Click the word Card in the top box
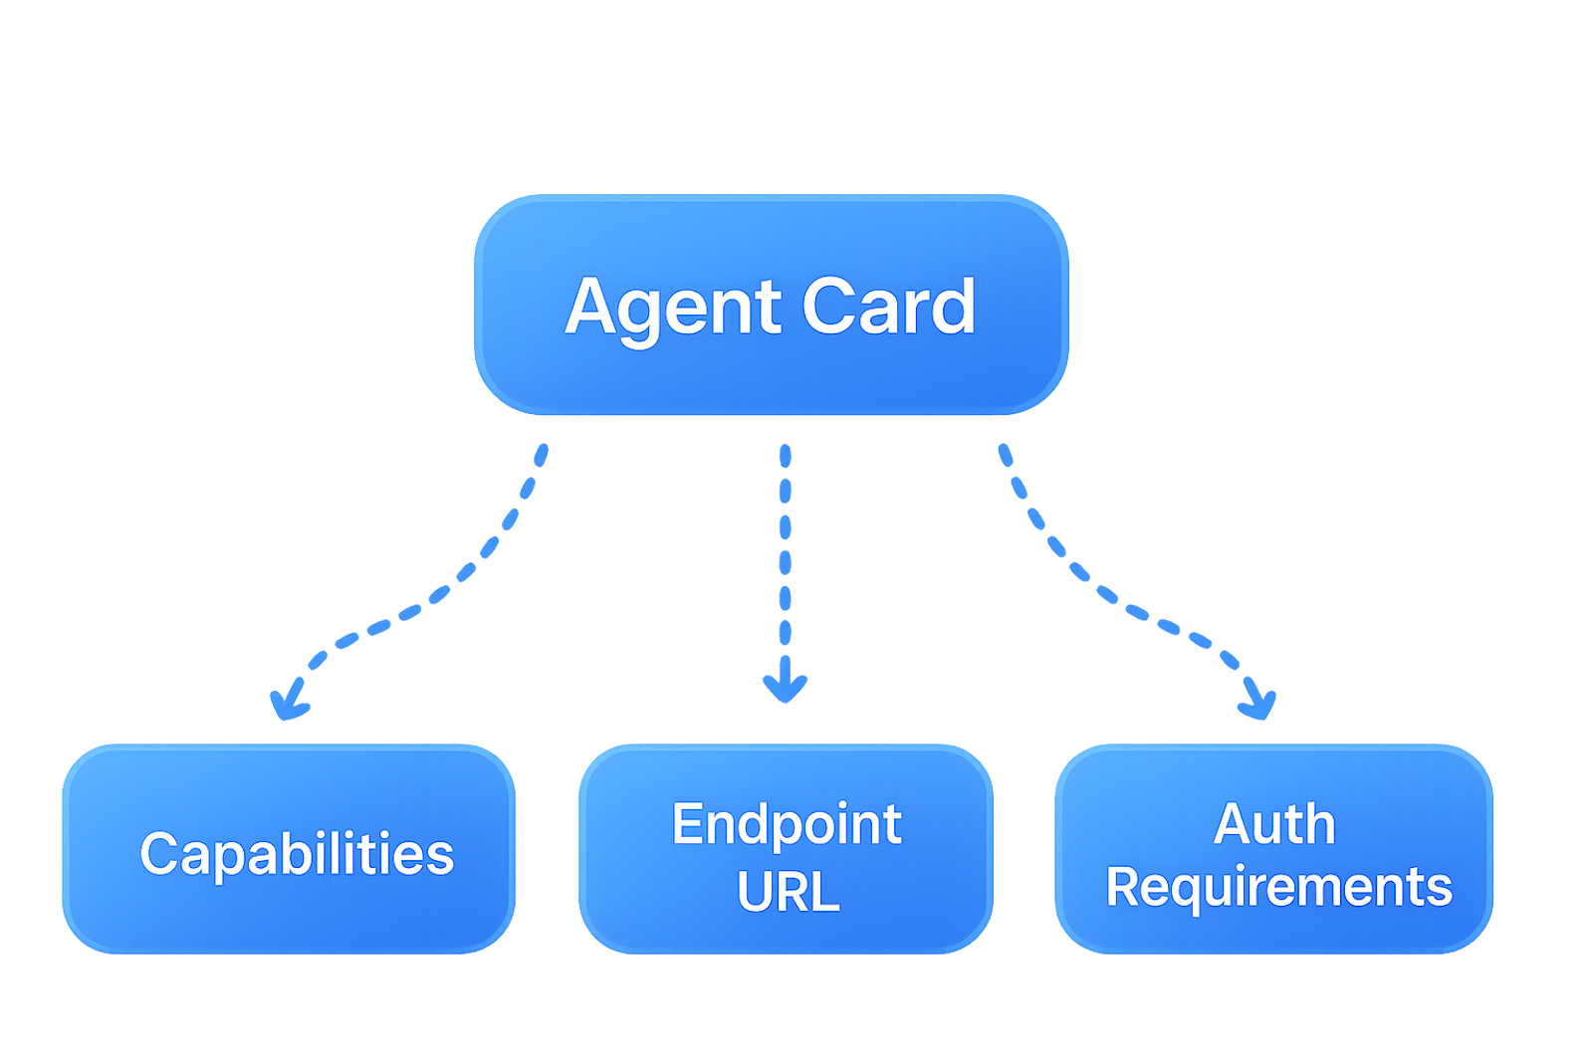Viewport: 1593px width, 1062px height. coord(888,307)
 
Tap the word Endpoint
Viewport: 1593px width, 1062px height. coord(787,825)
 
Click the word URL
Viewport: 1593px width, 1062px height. coord(788,892)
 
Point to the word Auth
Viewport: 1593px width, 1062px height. coord(1274,825)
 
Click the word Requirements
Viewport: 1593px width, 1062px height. coord(1278,887)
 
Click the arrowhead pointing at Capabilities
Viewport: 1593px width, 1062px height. coord(288,702)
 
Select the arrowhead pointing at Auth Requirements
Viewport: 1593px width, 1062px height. coord(1257,703)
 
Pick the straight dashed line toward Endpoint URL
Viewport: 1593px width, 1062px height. coord(786,557)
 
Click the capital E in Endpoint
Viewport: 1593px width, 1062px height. coord(687,824)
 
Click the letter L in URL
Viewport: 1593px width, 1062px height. coord(825,892)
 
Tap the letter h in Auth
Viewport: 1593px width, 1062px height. coord(1320,825)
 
